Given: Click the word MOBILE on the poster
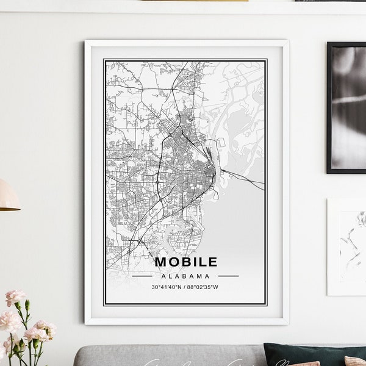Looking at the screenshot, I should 186,262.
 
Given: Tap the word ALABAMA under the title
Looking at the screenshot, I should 186,275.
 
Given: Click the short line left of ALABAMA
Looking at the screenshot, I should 142,276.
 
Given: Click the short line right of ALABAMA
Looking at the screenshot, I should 228,276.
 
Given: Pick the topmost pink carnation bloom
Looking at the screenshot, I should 15,298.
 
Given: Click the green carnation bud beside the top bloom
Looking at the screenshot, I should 27,303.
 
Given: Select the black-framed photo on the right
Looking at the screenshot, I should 346,107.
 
